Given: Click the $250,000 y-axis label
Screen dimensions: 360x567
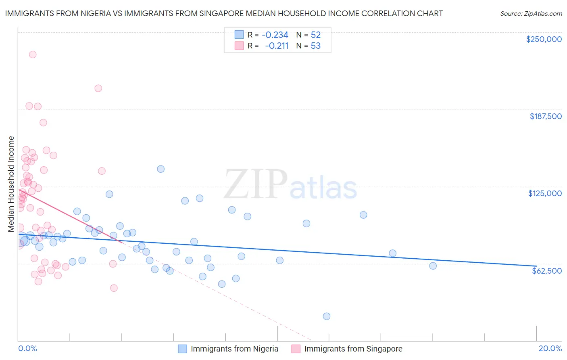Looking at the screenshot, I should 544,39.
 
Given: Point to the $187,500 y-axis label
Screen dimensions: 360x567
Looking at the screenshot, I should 545,116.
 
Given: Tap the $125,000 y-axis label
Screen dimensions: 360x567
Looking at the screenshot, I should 545,193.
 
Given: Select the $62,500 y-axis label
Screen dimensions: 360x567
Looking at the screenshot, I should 546,271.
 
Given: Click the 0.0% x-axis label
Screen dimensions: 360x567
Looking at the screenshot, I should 27,348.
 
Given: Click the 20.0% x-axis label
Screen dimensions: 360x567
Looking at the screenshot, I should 550,348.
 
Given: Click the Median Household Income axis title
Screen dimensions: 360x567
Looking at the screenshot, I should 11,184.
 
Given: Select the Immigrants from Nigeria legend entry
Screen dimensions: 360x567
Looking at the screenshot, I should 234,349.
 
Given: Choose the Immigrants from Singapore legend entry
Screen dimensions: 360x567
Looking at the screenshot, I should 353,349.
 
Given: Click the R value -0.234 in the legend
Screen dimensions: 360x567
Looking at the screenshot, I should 275,35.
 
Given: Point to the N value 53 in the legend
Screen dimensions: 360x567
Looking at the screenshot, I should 315,46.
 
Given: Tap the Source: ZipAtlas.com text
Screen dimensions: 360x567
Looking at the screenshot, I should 531,14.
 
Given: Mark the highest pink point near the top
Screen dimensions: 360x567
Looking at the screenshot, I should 33,54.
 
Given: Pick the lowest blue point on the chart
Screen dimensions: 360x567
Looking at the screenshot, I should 327,316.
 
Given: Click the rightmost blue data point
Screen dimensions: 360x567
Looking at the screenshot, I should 433,266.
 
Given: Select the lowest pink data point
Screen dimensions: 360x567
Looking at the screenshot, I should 114,288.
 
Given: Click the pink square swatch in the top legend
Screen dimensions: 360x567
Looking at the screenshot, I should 239,46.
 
